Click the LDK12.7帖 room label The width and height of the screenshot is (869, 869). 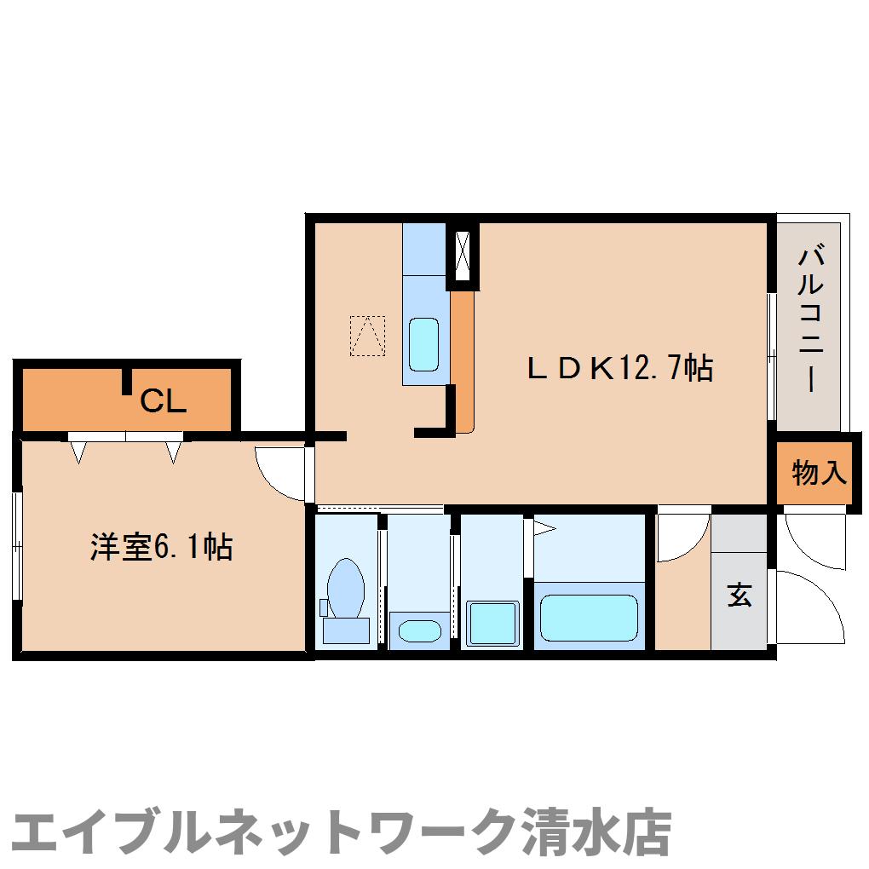pyautogui.click(x=619, y=368)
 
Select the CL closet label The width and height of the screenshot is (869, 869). pyautogui.click(x=163, y=400)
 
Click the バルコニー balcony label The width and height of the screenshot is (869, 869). pyautogui.click(x=810, y=319)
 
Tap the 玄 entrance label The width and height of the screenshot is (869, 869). pyautogui.click(x=739, y=596)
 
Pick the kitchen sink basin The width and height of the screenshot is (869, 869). pyautogui.click(x=423, y=344)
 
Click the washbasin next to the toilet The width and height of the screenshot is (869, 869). pyautogui.click(x=419, y=631)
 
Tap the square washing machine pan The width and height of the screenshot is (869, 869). pyautogui.click(x=492, y=624)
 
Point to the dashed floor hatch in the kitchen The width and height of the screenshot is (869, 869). pyautogui.click(x=367, y=335)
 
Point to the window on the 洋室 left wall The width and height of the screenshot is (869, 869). pyautogui.click(x=16, y=545)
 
